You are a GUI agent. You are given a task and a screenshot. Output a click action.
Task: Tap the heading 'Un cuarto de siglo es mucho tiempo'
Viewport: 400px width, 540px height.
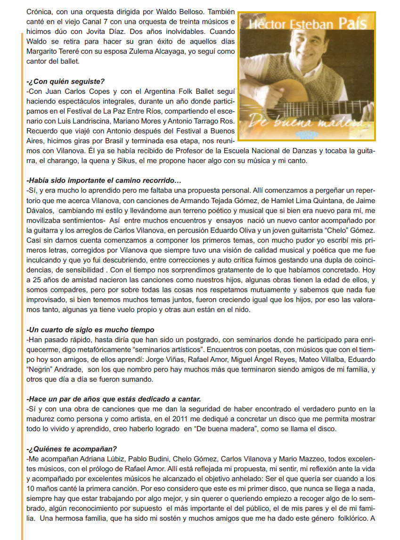click(x=90, y=329)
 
